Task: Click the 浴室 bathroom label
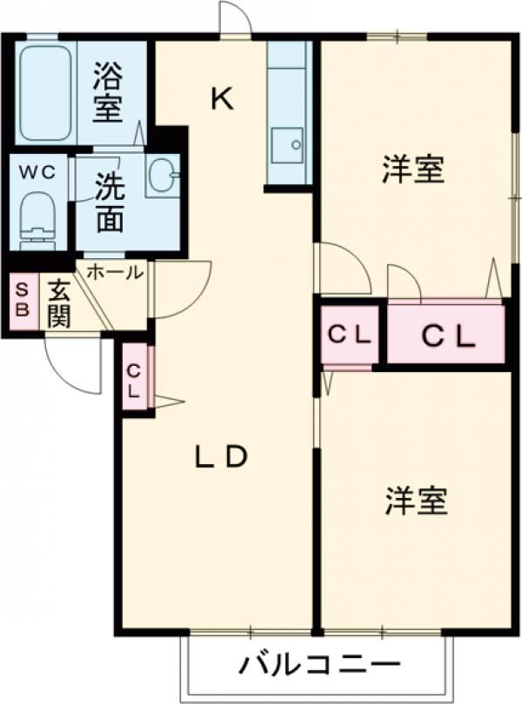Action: tap(109, 90)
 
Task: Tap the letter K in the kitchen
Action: tap(222, 100)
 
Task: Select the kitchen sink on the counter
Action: tap(287, 144)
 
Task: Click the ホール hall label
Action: tap(114, 272)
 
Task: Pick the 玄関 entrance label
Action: tap(58, 302)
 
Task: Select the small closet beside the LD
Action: tap(135, 379)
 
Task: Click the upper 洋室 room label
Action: tap(413, 169)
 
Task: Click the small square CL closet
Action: tap(349, 333)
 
